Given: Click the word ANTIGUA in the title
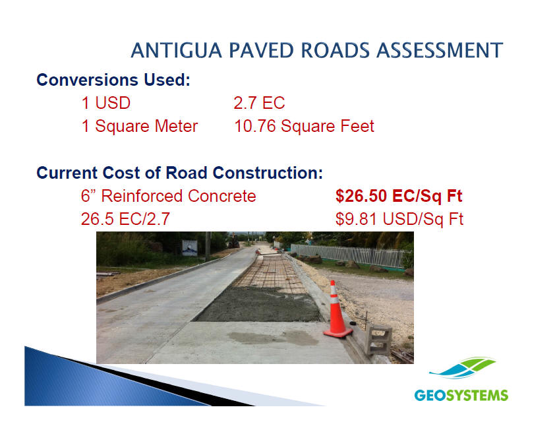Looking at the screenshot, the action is (176, 50).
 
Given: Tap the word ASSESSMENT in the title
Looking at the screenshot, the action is (440, 50).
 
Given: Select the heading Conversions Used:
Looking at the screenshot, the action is (113, 80).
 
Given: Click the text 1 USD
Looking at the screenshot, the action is (106, 103).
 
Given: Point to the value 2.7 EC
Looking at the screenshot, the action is (259, 103).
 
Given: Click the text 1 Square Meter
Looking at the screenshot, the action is (140, 126).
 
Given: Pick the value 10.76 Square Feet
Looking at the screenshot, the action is (304, 126).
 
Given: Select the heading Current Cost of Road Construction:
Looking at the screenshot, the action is (180, 173).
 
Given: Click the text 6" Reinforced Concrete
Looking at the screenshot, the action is (168, 196).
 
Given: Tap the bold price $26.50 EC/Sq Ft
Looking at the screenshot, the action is (399, 196).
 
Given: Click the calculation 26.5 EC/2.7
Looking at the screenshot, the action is (125, 219).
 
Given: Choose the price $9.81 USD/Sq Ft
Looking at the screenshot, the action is (399, 219).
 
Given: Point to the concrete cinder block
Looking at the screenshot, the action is (378, 340).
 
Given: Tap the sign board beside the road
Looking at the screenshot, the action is (190, 248).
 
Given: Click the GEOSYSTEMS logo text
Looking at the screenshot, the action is (461, 395).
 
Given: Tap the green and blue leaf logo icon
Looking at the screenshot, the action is (463, 368).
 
